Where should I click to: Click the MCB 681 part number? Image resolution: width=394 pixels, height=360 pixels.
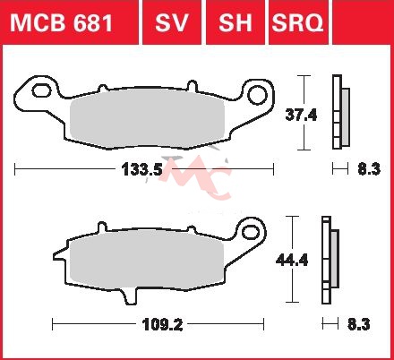click(x=62, y=22)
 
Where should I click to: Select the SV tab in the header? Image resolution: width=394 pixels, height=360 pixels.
click(x=172, y=22)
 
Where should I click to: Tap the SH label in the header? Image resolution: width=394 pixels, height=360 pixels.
click(x=236, y=22)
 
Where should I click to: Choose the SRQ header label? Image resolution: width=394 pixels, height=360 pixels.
click(x=297, y=22)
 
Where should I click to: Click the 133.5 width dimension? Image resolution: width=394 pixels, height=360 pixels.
click(x=141, y=169)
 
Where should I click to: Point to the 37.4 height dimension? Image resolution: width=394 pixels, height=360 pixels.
click(x=301, y=115)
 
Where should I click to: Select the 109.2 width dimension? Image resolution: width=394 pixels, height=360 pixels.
click(x=163, y=324)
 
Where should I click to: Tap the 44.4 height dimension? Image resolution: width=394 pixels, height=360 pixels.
click(x=292, y=261)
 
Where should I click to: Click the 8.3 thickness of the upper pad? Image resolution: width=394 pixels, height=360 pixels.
click(x=369, y=169)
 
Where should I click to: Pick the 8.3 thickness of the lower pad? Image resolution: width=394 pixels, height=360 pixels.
click(x=359, y=324)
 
